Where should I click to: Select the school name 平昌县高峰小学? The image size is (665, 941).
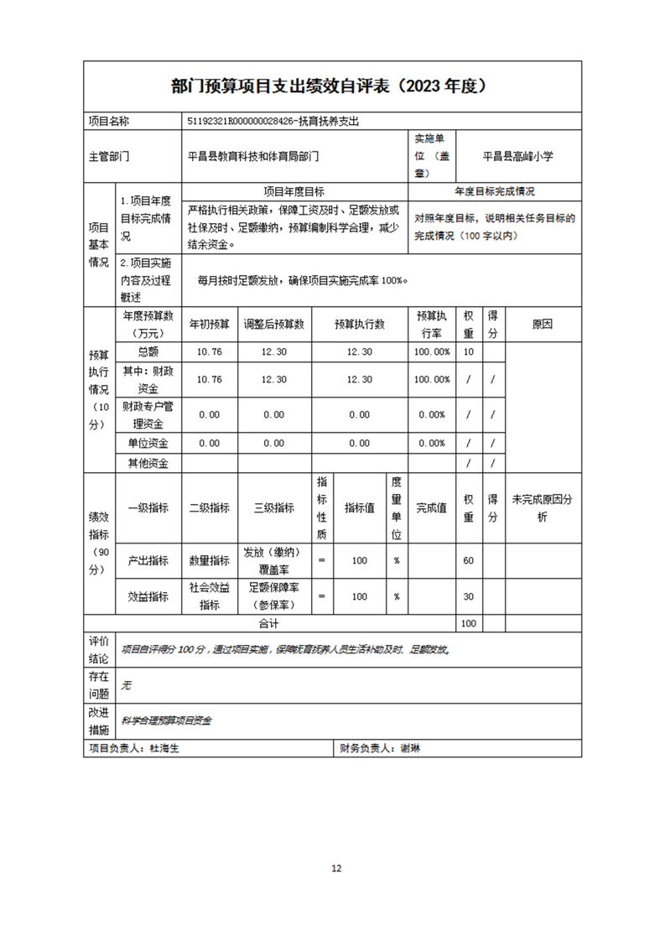coord(518,156)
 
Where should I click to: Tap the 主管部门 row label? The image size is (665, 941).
coord(109,156)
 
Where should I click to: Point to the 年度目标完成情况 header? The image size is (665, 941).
coord(495,192)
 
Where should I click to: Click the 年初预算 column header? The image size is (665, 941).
coord(209,324)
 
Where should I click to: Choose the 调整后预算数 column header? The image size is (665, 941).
coord(274,324)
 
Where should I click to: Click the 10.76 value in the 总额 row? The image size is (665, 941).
coord(209,352)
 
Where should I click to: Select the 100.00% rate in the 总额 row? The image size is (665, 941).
coord(432,352)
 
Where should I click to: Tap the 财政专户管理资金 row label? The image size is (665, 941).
coord(148,414)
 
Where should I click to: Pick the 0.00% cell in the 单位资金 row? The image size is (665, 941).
coord(432,443)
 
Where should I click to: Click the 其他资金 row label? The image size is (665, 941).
coord(148,463)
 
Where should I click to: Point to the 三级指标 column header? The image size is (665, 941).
coord(274,507)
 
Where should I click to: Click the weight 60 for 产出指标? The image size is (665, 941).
coord(469,560)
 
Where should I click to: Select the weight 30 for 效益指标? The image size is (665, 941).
coord(469,596)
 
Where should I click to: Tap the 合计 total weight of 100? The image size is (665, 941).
coord(469,624)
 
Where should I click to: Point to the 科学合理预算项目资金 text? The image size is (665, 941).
coord(167,720)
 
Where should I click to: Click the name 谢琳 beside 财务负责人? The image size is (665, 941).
coord(410,748)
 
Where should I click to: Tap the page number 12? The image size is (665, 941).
coord(336,868)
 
